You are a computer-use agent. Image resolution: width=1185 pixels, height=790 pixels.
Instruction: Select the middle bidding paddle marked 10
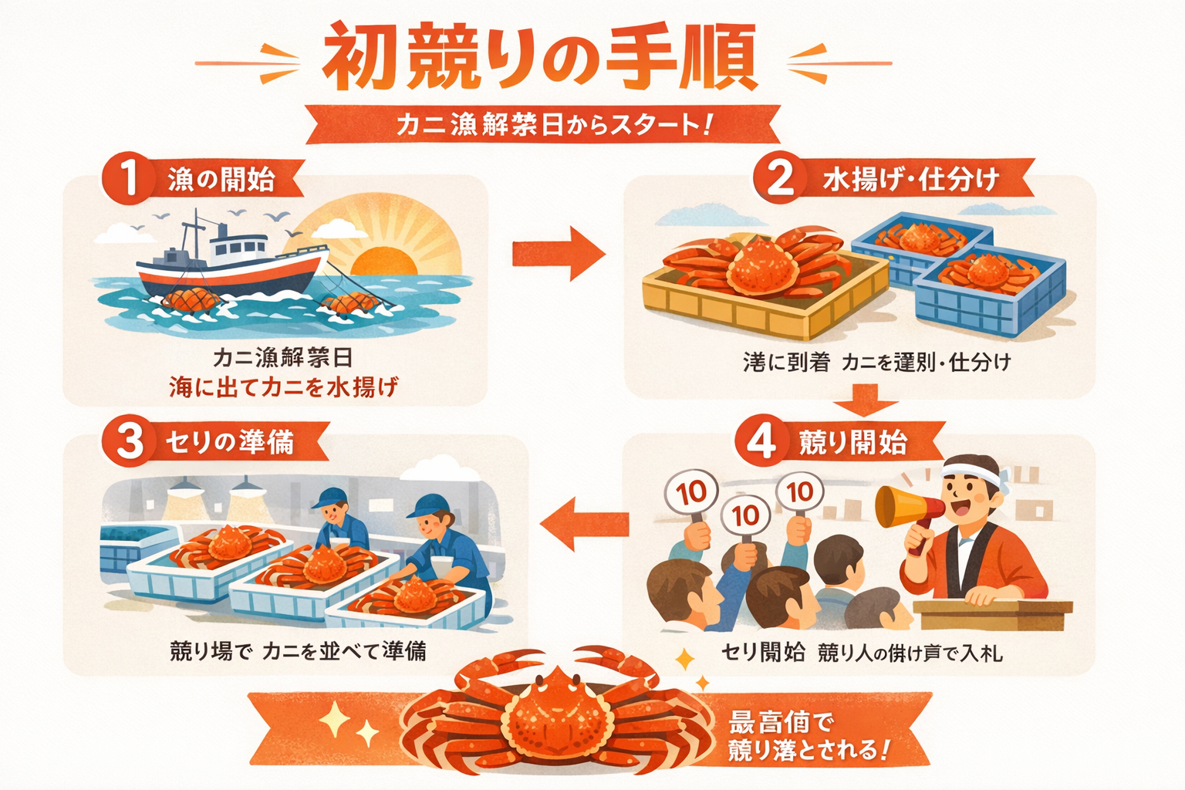[745, 515]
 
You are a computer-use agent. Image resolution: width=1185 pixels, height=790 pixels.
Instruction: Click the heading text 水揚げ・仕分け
[910, 179]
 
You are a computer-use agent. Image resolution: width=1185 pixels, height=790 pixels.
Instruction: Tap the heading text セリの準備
[230, 442]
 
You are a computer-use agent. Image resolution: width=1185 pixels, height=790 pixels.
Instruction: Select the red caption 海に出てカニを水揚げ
[283, 387]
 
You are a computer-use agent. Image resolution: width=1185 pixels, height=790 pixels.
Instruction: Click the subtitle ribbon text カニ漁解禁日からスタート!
[552, 124]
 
